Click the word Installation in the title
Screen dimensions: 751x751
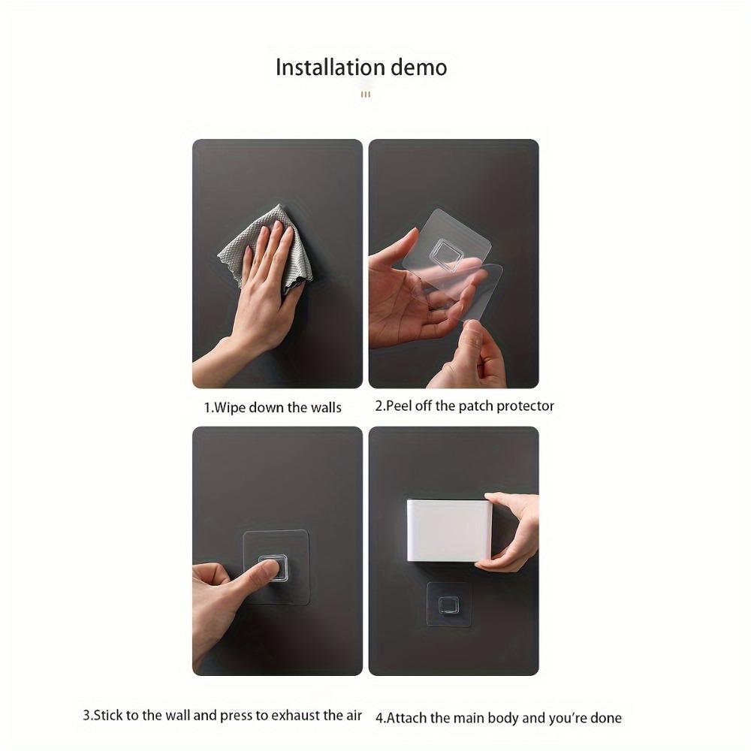(330, 67)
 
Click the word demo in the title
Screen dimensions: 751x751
(419, 67)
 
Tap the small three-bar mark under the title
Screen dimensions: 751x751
(366, 95)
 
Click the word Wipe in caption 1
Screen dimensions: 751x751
(229, 408)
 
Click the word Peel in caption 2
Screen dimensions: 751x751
(399, 406)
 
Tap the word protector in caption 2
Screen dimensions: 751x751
(526, 406)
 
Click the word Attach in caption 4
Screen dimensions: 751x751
(406, 719)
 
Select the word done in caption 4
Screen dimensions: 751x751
(606, 719)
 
